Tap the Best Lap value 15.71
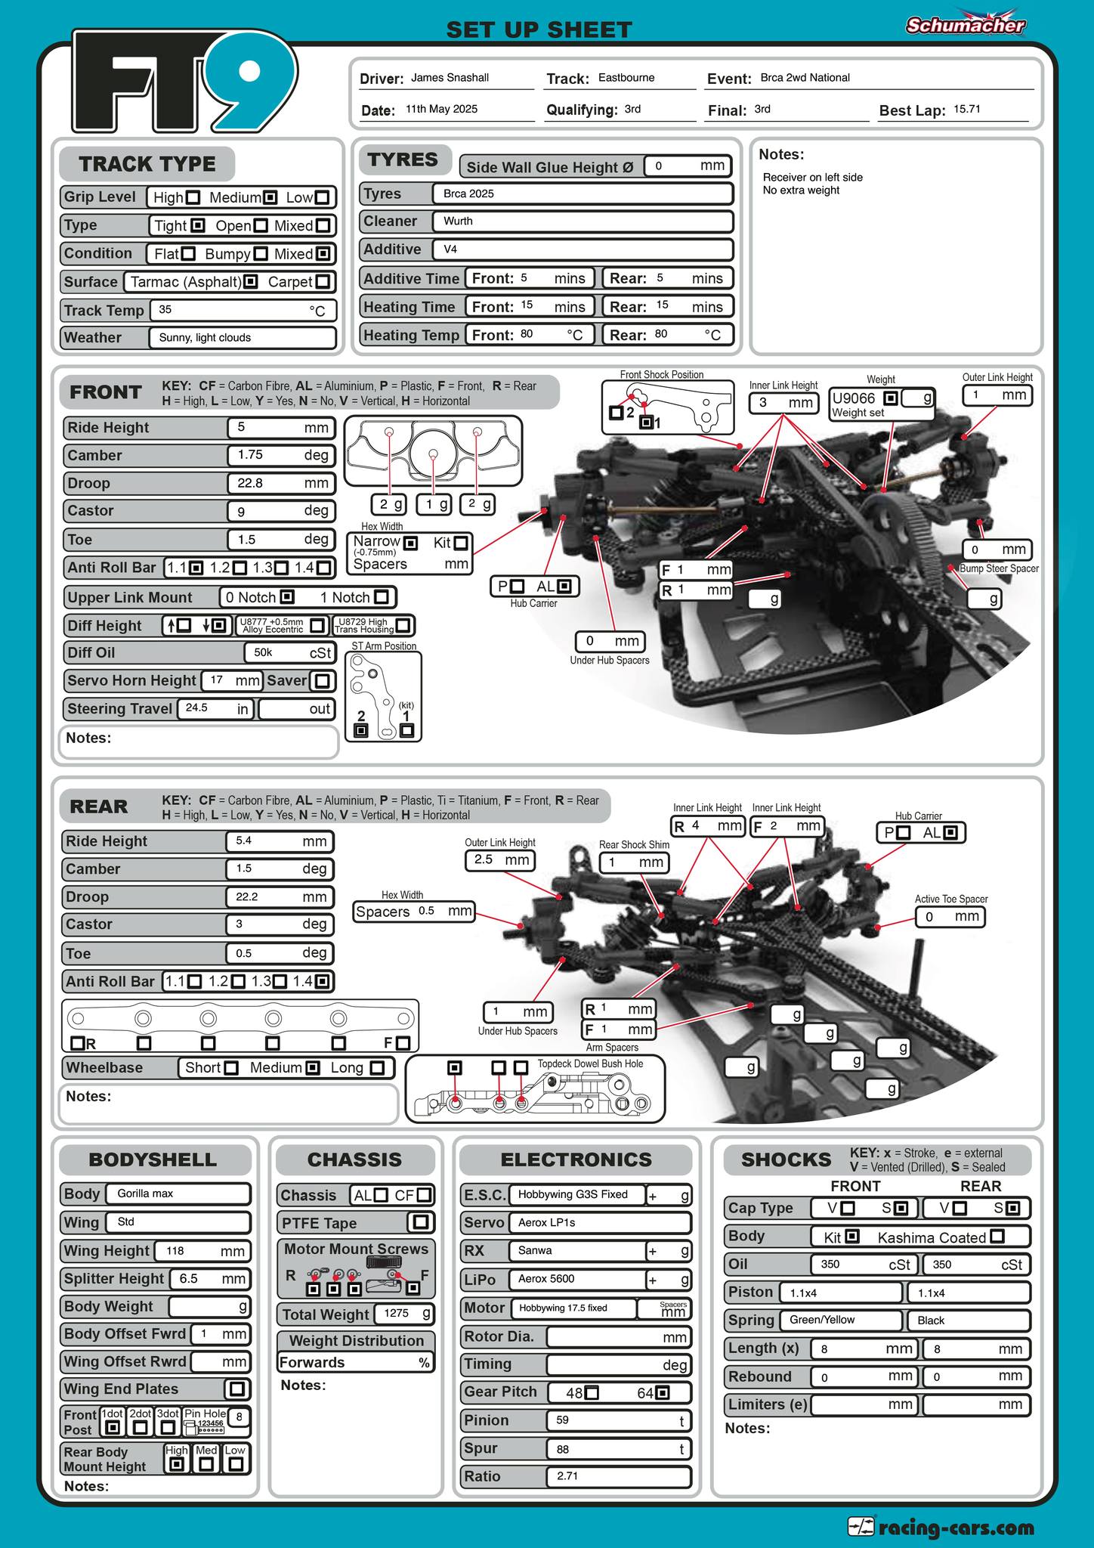tap(966, 109)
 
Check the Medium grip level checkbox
tap(270, 197)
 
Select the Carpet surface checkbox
tap(323, 282)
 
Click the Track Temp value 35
tap(165, 309)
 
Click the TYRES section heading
tap(403, 159)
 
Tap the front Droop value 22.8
tap(249, 483)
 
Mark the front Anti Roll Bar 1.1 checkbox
tap(196, 568)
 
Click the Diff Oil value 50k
tap(263, 652)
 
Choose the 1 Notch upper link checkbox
tap(381, 597)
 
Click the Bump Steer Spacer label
tap(999, 568)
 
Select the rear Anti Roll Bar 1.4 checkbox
tap(323, 982)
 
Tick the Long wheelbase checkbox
tap(377, 1068)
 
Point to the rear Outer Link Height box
tap(501, 860)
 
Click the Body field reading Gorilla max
tap(178, 1194)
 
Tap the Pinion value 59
tap(562, 1420)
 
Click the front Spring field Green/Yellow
tap(822, 1320)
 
